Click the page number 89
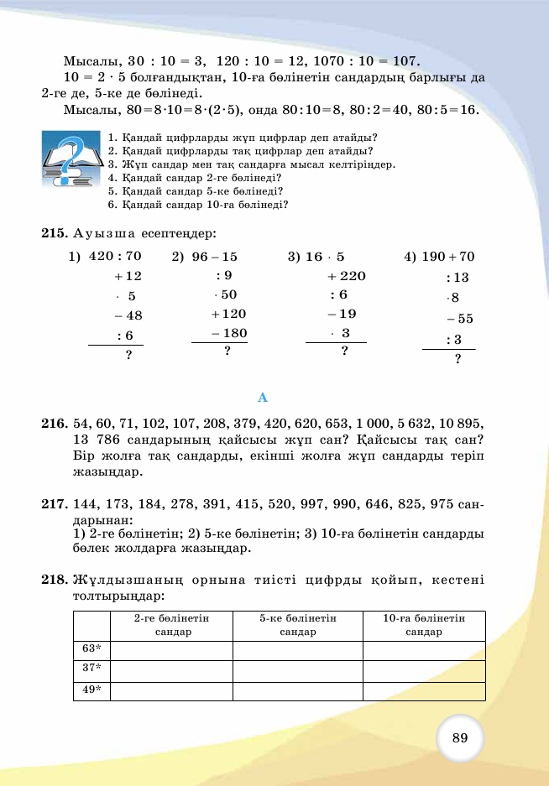click(459, 738)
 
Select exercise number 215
click(54, 233)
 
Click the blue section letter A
click(263, 397)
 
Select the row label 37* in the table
click(91, 669)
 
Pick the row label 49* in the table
click(91, 690)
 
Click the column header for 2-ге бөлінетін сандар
click(171, 625)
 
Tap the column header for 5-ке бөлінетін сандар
click(297, 625)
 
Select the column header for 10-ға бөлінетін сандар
click(424, 625)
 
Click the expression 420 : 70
click(115, 257)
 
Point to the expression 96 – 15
click(214, 257)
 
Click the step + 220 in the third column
click(346, 276)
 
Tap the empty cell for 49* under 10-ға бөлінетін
click(424, 690)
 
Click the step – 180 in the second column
click(229, 333)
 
